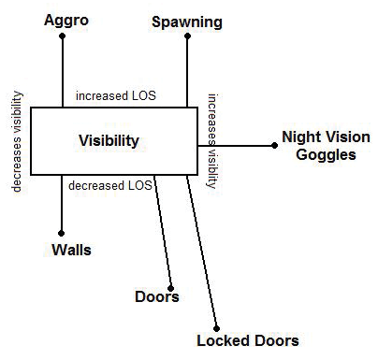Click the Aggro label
click(64, 19)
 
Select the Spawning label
click(187, 19)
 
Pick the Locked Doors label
click(248, 340)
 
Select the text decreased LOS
click(111, 184)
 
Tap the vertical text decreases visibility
click(16, 140)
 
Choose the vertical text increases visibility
click(212, 140)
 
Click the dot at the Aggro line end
click(62, 37)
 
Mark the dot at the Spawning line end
click(187, 36)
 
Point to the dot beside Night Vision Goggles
click(273, 146)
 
